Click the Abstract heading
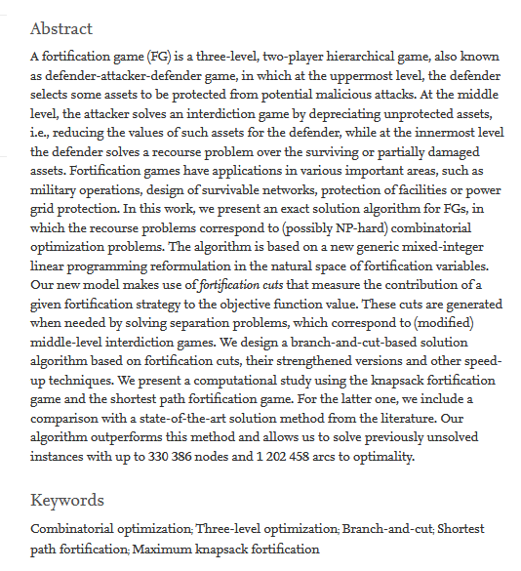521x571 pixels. [61, 28]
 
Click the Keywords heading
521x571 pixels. [66, 500]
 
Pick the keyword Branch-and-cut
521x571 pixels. [387, 529]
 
